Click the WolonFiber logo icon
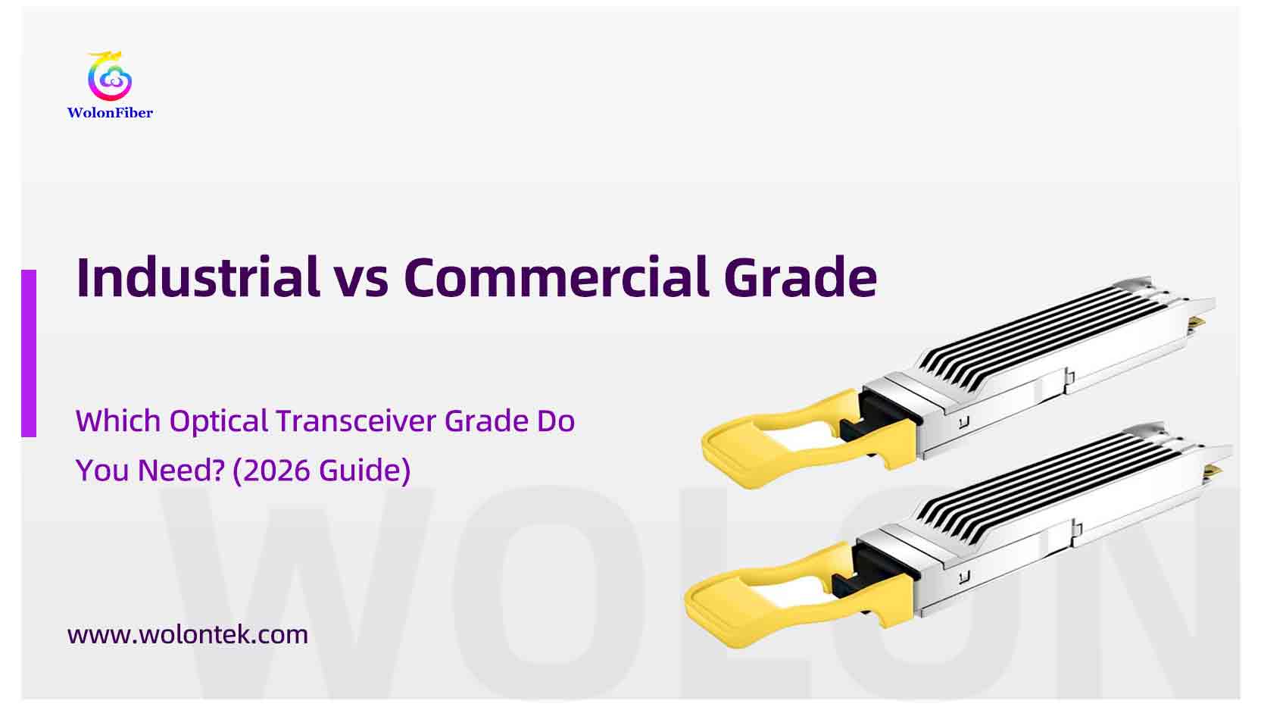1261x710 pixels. pyautogui.click(x=110, y=77)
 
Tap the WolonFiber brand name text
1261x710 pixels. pyautogui.click(x=110, y=113)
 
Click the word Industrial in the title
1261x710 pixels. pyautogui.click(x=198, y=277)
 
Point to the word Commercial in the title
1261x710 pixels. pyautogui.click(x=556, y=277)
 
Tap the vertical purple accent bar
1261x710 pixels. pyautogui.click(x=29, y=353)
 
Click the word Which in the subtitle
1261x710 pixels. pyautogui.click(x=117, y=421)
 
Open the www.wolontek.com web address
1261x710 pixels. pyautogui.click(x=188, y=634)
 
